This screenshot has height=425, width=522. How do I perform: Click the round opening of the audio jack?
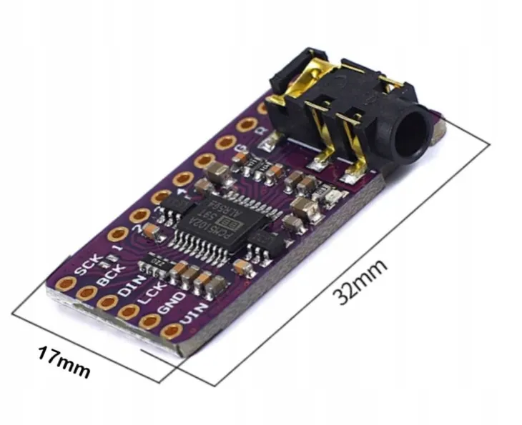(x=413, y=136)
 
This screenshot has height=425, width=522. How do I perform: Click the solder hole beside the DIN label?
(x=107, y=303)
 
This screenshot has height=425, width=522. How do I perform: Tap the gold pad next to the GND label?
(x=149, y=322)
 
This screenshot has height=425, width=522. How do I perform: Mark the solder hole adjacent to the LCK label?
(x=129, y=312)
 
